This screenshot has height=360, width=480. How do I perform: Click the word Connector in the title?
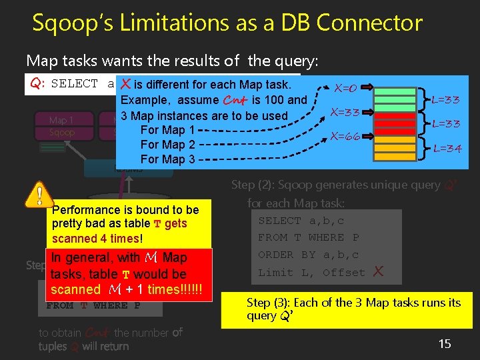point(369,23)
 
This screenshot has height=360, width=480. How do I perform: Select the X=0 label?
point(345,88)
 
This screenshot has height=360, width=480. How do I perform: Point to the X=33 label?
point(347,112)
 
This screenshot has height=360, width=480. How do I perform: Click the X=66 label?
point(345,136)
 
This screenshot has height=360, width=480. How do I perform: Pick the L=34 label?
point(447,148)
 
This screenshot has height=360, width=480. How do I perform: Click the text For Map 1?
point(167,130)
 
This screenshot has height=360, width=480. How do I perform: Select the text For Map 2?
point(167,145)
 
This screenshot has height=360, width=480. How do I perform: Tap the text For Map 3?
point(167,159)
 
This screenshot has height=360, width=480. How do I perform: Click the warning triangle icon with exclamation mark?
point(39,195)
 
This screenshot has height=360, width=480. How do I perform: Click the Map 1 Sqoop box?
point(61,126)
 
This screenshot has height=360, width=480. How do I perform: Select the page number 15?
point(445,344)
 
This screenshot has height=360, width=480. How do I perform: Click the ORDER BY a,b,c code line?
point(309,255)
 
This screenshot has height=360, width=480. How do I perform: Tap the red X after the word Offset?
point(379,271)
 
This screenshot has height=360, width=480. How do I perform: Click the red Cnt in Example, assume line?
point(235,100)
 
